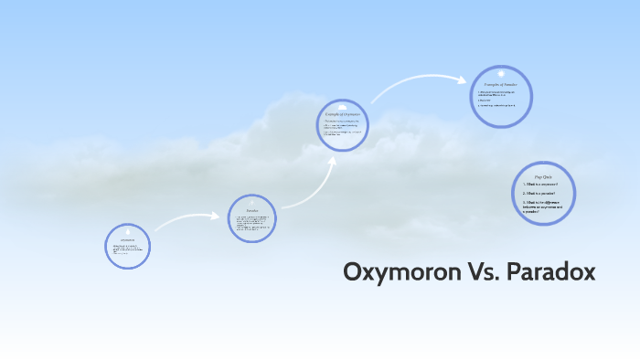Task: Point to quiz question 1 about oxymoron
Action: [x=540, y=185]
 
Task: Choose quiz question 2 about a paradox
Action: [x=539, y=194]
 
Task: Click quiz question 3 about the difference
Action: [x=543, y=206]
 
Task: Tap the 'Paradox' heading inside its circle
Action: [x=251, y=211]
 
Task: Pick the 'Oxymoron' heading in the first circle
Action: [x=128, y=239]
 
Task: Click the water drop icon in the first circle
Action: [x=128, y=231]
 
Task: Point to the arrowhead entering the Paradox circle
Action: [x=222, y=217]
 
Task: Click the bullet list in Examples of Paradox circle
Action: [x=497, y=98]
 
